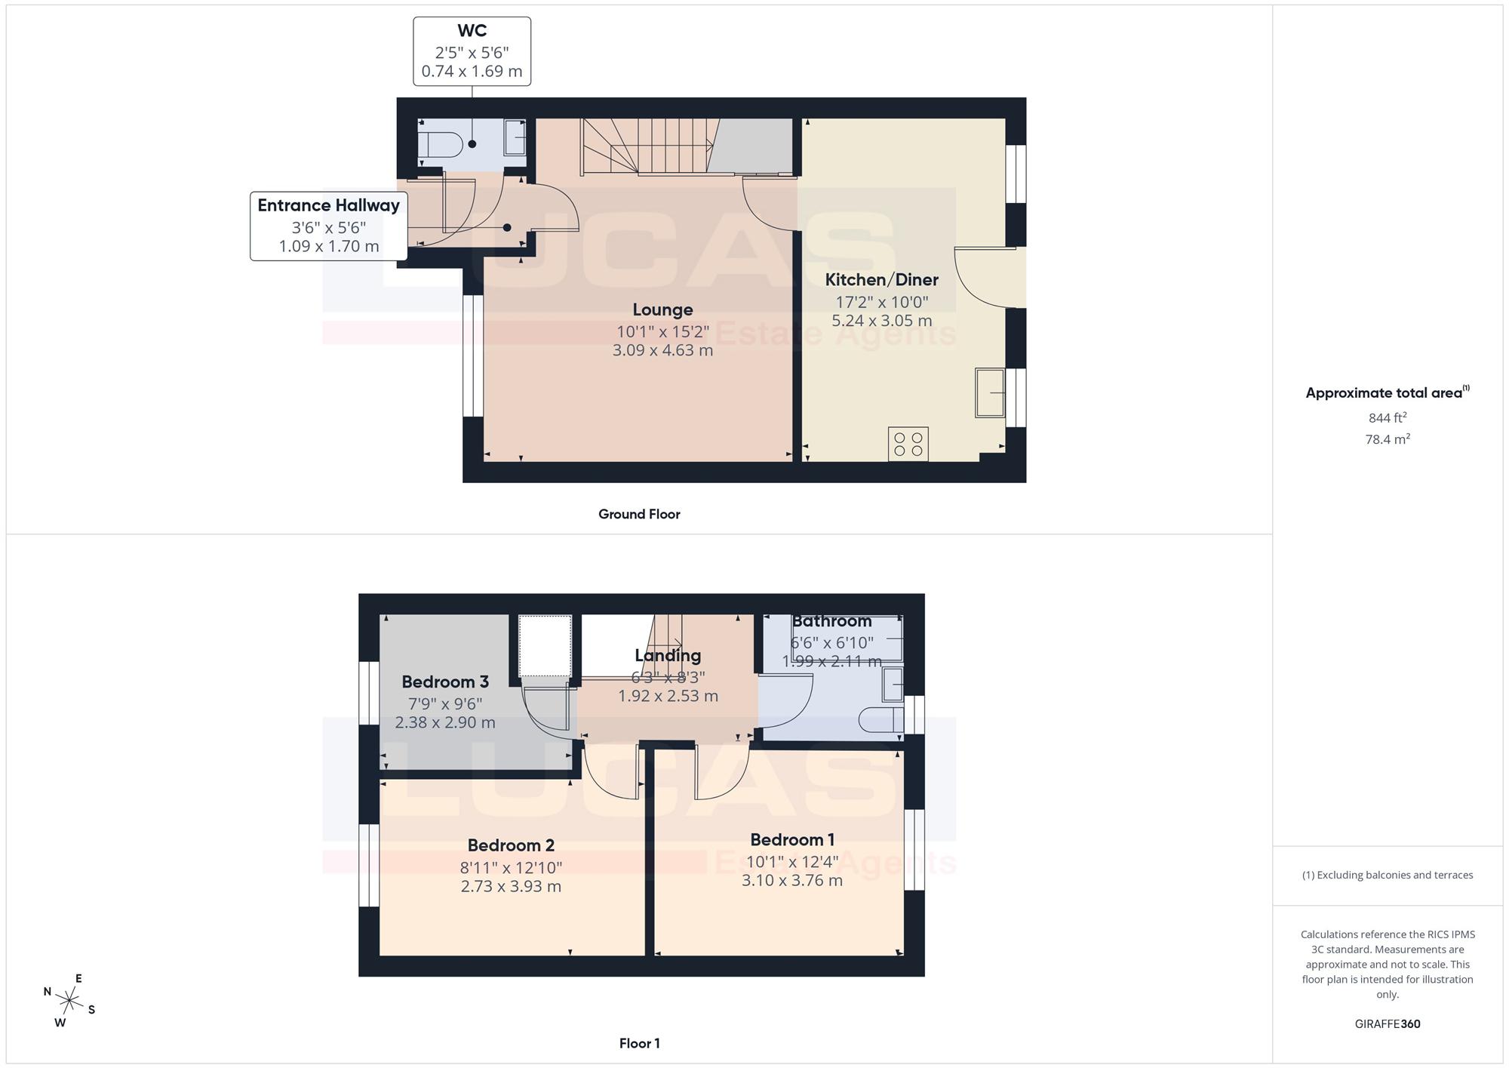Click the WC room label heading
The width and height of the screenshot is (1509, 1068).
pos(472,31)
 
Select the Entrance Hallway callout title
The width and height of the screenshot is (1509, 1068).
pos(328,205)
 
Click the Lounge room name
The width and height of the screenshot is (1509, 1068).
pos(662,309)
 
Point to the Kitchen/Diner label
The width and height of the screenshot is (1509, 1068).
pos(881,280)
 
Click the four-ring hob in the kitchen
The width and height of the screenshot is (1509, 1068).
pos(908,444)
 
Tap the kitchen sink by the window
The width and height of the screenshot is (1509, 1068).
pos(990,392)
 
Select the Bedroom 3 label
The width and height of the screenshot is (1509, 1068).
pos(445,682)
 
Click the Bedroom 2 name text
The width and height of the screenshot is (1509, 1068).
pos(511,845)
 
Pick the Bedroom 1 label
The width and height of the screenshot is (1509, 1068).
pos(792,840)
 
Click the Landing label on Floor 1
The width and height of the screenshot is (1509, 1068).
pos(668,656)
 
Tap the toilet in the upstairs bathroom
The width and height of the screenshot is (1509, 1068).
pos(881,719)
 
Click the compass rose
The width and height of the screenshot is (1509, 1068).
pos(69,1002)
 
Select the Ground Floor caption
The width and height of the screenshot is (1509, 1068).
pos(639,514)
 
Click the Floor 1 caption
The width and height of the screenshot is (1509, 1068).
pos(639,1044)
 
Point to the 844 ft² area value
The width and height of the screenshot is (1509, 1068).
pos(1388,417)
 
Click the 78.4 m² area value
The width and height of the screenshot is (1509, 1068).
pos(1388,439)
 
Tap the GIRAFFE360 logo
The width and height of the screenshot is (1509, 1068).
pos(1388,1024)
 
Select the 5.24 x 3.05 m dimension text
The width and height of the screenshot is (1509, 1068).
pos(881,321)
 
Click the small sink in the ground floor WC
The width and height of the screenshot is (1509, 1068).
pos(515,137)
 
